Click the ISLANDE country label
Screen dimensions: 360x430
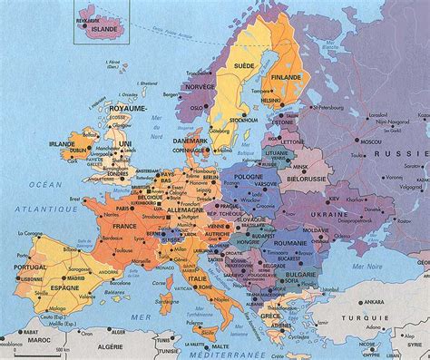tap(107, 29)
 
